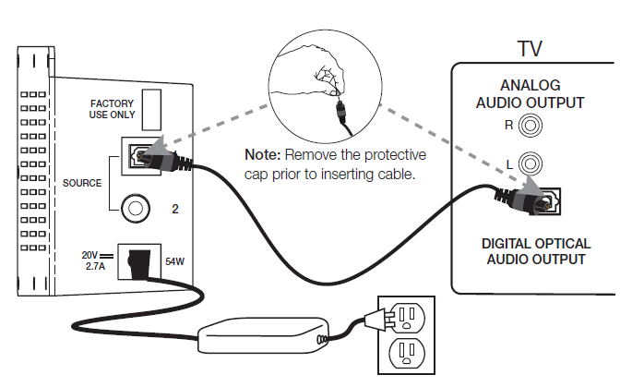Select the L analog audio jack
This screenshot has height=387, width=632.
[530, 164]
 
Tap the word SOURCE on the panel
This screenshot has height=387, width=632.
[82, 183]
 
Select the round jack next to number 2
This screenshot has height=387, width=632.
[137, 208]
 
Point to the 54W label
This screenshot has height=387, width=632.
[174, 262]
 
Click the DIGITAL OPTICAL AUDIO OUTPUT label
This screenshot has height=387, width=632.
[536, 251]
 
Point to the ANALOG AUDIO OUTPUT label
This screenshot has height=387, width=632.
[530, 94]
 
